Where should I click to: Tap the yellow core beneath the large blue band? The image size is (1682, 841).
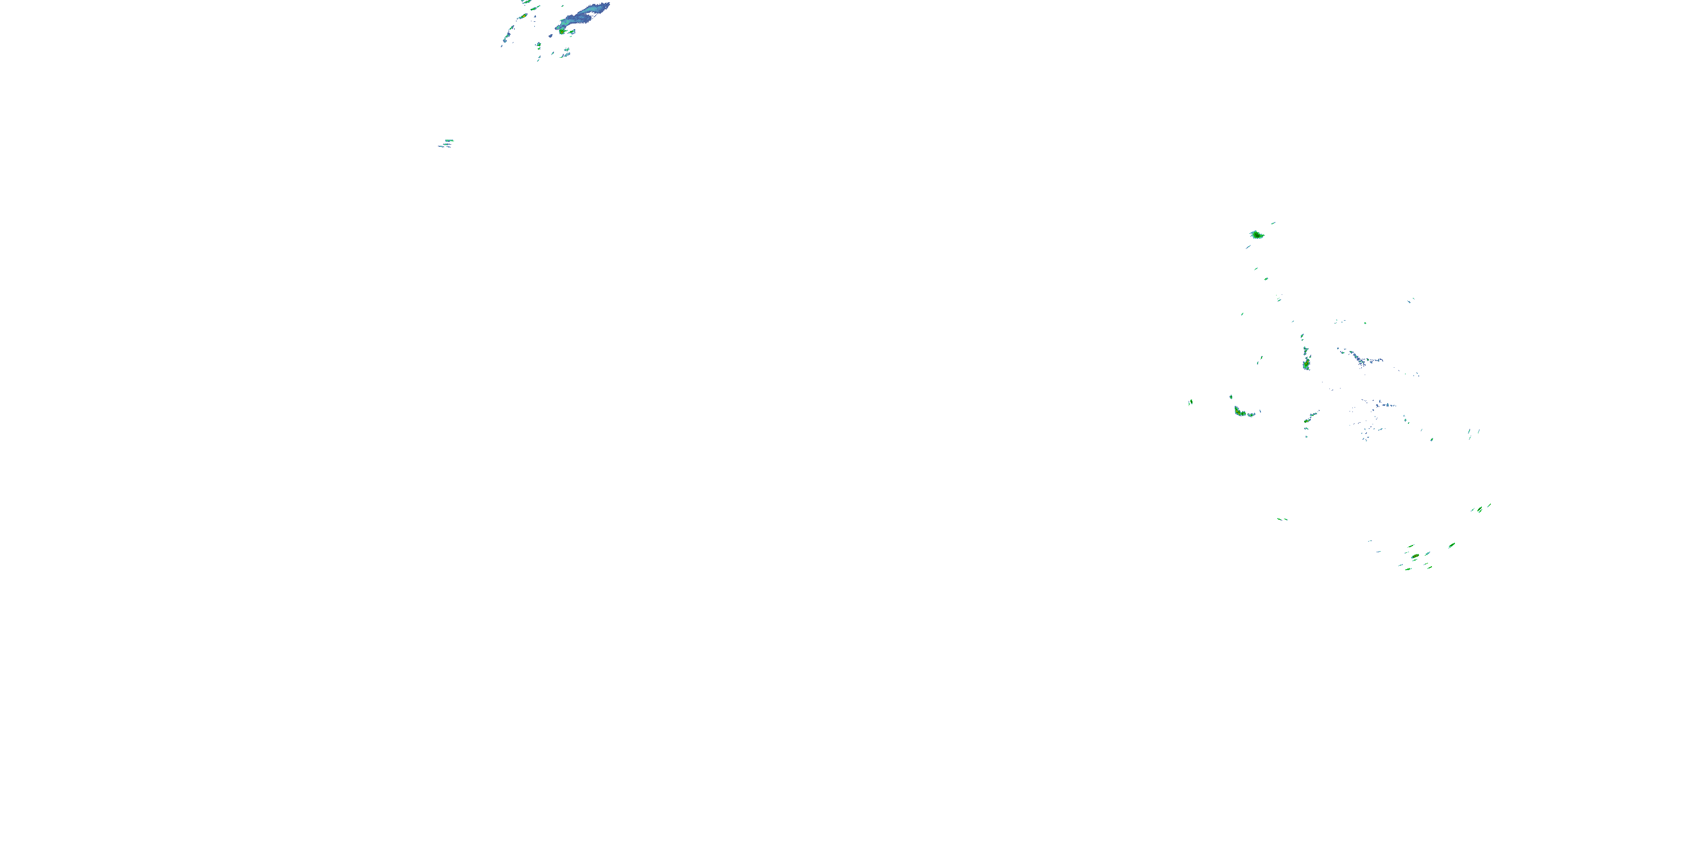pos(562,30)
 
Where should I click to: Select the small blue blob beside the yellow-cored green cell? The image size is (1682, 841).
pos(572,31)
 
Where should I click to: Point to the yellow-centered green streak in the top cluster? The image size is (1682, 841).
pos(524,16)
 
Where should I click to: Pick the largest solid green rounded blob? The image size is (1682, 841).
pos(1256,234)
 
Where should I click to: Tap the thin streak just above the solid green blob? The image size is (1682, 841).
pos(1273,223)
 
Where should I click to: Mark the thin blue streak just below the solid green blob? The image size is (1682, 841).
pos(1248,247)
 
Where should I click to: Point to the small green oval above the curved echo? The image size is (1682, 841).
pos(1231,396)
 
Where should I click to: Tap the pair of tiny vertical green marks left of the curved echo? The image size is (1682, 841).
pos(1190,402)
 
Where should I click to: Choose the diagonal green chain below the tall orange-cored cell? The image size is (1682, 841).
pos(1310,417)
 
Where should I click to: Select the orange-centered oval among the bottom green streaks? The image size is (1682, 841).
pos(1415,556)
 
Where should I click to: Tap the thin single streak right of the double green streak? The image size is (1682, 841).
pos(1489,505)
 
